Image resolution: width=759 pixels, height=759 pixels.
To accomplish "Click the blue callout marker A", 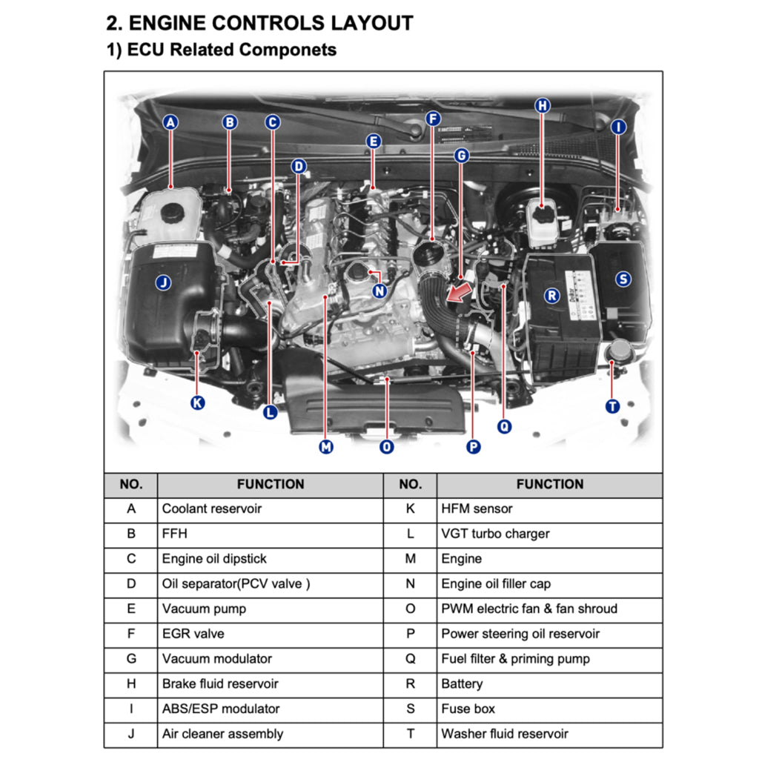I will point(171,122).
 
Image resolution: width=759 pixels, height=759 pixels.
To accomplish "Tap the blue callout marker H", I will point(543,106).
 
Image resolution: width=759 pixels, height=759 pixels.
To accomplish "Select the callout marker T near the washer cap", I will point(612,406).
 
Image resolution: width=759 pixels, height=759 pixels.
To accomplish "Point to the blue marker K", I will point(197,403).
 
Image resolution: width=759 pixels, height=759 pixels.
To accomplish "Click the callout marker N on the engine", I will point(379,291).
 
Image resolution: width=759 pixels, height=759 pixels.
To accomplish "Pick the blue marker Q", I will point(504,426).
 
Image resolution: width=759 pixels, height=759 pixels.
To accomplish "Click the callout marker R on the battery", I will point(551,296).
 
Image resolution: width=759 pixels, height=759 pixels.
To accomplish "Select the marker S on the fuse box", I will point(623,279).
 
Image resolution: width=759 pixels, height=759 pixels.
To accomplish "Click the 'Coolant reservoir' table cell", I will point(212,508).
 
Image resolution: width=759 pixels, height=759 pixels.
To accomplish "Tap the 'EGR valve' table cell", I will point(193,634).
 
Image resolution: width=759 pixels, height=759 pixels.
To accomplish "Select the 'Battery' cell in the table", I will point(462,683).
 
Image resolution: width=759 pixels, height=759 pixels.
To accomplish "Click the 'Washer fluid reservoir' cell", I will point(505,734).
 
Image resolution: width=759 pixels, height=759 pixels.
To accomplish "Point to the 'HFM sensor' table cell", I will point(477,508).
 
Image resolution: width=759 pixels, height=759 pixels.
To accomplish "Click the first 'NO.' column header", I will point(130,484).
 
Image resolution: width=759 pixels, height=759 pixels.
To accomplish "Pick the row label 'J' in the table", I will point(131,734).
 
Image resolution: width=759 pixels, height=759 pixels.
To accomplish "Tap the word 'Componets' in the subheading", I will point(288,50).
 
